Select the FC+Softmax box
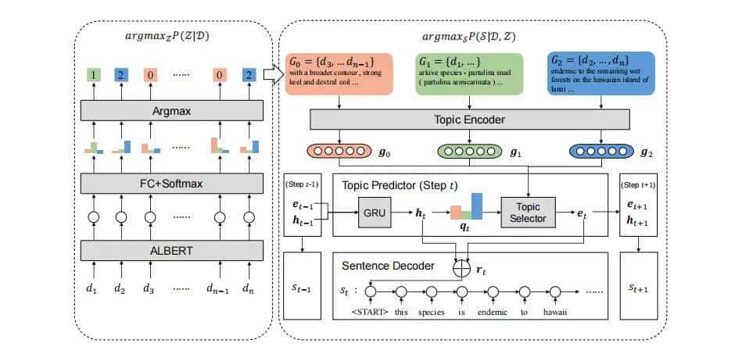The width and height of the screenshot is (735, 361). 171,184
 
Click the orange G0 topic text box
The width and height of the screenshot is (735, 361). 338,73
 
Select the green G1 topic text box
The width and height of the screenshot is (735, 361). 469,73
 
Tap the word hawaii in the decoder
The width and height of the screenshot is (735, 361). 556,315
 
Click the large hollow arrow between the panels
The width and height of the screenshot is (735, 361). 274,74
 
